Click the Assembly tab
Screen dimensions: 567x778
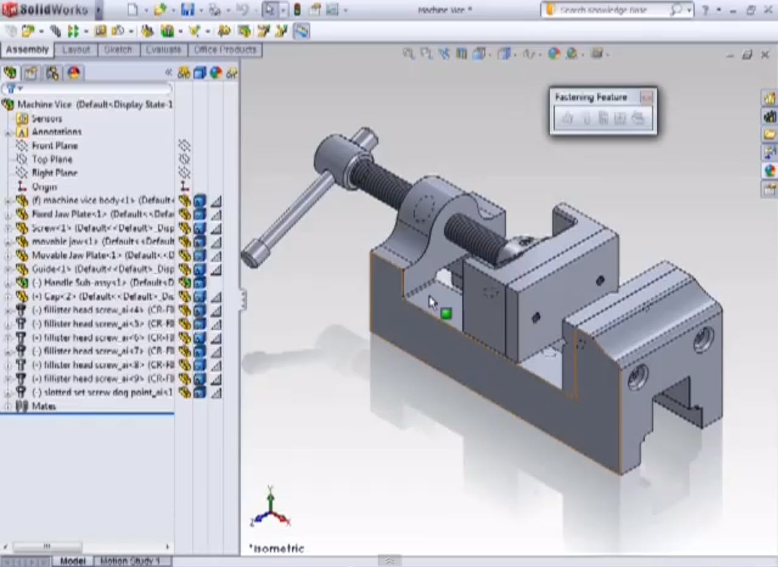tap(27, 50)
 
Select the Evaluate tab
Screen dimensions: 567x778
tap(163, 50)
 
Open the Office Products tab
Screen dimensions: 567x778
tap(224, 50)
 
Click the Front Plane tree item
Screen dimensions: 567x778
tap(54, 146)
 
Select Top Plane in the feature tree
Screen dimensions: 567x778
tap(52, 159)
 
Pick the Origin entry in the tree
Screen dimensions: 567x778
tap(44, 187)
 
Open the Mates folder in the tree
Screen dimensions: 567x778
tap(43, 406)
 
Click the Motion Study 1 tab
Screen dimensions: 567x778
tap(129, 561)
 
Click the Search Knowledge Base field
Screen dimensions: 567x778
tap(612, 10)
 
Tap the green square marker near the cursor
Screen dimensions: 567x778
tap(446, 313)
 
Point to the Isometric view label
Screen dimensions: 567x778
tap(277, 548)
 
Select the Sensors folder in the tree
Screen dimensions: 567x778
tap(46, 119)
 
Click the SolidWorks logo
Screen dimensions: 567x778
tap(45, 10)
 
